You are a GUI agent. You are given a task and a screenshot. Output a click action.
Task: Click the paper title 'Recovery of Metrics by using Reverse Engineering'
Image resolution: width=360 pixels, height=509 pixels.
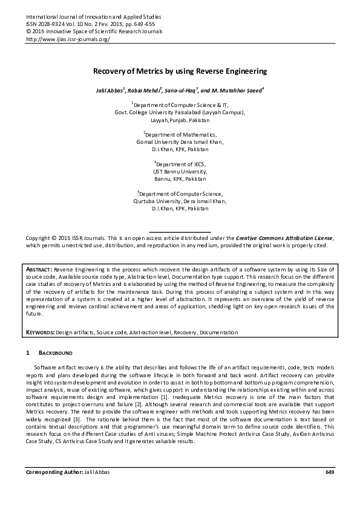tap(180, 71)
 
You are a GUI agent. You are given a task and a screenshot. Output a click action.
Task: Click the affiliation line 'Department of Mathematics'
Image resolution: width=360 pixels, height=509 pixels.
tap(180, 134)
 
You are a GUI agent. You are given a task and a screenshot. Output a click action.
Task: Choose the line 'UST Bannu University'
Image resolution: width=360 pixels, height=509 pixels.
tap(180, 172)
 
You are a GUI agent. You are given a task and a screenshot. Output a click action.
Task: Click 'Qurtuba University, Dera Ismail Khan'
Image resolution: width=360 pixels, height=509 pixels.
tap(180, 201)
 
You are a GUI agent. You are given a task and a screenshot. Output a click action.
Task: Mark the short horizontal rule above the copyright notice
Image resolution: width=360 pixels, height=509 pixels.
tap(180, 232)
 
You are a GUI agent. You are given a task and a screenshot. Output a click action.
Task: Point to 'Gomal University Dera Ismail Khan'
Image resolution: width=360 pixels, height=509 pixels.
tap(180, 141)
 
